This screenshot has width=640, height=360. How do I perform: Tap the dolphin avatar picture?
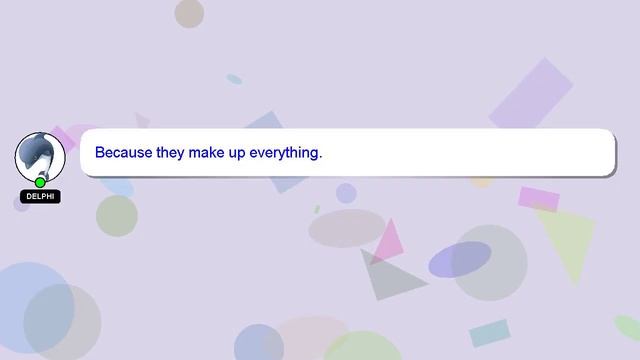coord(40,154)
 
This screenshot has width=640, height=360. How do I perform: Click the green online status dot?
coord(40,182)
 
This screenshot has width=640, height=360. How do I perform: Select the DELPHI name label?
coord(40,197)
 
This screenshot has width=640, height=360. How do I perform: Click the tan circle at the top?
coord(189,13)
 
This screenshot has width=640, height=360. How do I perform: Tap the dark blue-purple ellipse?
coord(460,259)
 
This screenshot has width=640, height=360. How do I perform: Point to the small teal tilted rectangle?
coord(489,333)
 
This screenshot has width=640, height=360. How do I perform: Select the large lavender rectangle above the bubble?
coord(531,94)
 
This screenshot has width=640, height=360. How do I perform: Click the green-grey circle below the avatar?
coord(116,215)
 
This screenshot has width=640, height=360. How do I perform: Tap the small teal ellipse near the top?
coord(234,79)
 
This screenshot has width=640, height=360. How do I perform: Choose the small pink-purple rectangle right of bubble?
coord(538,199)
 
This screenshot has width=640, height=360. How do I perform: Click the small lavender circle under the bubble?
coord(346,193)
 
